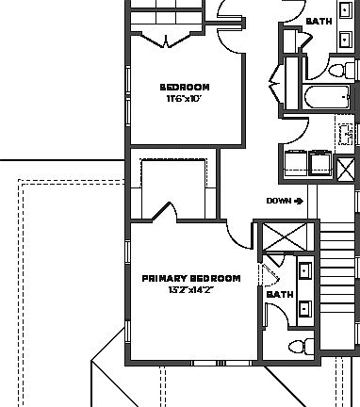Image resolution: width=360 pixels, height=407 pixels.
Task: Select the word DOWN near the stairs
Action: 278,200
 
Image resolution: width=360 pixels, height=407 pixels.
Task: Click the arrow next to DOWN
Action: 298,200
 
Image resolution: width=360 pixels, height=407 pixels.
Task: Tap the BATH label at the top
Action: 319,20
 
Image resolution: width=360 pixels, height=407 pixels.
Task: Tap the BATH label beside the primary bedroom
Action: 280,295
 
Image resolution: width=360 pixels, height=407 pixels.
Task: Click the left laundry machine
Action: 295,164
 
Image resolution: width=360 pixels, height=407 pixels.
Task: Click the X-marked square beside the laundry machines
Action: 346,167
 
